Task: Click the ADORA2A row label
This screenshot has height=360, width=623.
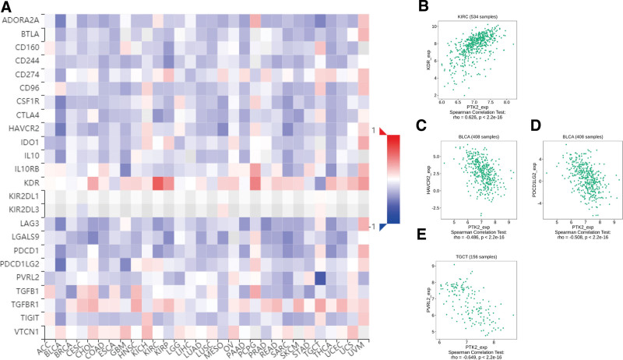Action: click(x=21, y=20)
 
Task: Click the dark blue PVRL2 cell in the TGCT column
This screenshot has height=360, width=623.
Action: click(x=319, y=281)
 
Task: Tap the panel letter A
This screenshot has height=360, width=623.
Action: click(x=7, y=8)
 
